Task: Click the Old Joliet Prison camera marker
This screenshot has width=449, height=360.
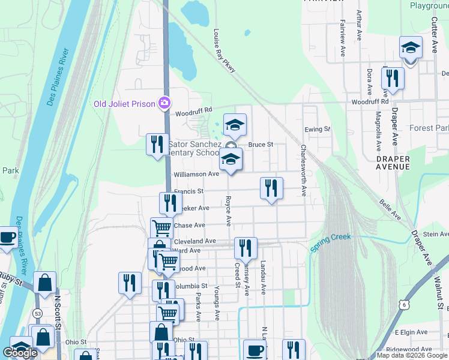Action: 164,103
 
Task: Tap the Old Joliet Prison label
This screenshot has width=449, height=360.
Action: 124,104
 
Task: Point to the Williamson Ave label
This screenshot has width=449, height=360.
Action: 196,174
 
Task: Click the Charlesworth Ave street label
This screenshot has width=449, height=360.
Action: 304,170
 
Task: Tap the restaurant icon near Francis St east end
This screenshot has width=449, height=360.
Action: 271,188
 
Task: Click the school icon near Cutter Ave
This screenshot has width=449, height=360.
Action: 411,47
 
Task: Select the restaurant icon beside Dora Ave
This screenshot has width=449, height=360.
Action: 393,78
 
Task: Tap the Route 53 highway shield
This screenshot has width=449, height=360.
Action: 37,313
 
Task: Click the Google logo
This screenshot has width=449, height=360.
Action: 20,353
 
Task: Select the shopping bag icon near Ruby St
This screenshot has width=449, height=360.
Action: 44,282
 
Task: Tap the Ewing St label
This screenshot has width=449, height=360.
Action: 318,129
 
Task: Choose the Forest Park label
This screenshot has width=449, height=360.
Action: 429,128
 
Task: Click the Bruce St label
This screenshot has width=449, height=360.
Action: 261,145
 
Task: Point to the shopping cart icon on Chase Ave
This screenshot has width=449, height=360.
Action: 161,227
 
